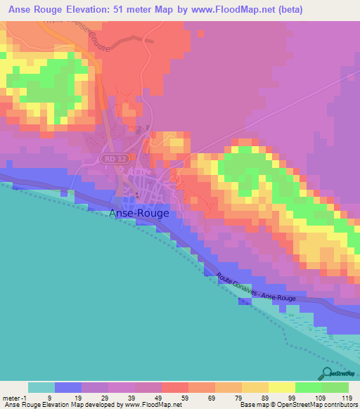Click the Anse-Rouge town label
139,214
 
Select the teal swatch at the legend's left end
41,387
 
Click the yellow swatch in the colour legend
281,387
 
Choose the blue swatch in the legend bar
68,387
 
